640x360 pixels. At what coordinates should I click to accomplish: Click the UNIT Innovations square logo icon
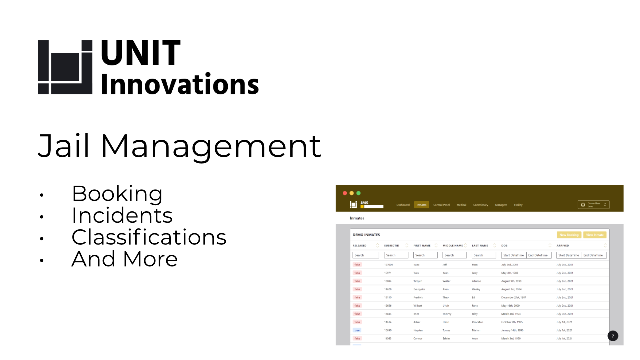coord(65,67)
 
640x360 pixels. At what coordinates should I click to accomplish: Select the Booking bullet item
coord(117,194)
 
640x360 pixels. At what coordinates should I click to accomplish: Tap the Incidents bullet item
coord(122,215)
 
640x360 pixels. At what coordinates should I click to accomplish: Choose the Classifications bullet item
coord(149,237)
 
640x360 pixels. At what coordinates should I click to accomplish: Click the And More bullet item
coord(124,259)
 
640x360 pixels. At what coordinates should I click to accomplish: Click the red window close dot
coord(345,193)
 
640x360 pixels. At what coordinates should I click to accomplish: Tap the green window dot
coord(358,193)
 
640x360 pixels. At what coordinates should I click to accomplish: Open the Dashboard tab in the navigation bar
coord(403,205)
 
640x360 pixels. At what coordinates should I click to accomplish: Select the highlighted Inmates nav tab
coord(421,205)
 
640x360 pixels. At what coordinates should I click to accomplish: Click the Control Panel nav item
coord(441,205)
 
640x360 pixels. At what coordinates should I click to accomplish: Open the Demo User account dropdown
coord(593,205)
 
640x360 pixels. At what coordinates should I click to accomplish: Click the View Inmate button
coord(595,235)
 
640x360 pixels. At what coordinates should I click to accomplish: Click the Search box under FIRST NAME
coord(425,255)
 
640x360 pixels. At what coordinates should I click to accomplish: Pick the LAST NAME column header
coord(480,246)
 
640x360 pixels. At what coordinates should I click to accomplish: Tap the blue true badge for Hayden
coord(357,330)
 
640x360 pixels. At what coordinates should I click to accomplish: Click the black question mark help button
coord(613,336)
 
